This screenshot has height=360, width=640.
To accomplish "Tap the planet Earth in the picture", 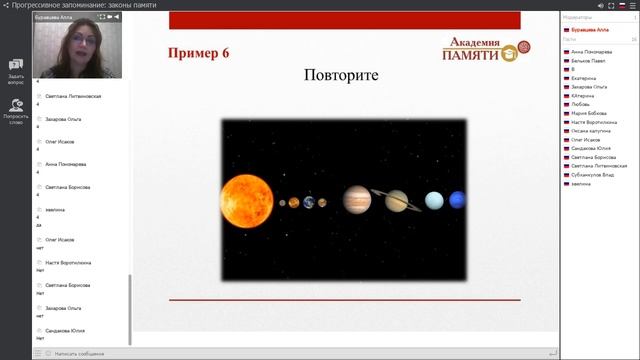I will point(309,202).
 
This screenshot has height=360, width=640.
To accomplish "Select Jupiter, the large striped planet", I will point(357,200).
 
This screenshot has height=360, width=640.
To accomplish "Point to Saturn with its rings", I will point(397,201).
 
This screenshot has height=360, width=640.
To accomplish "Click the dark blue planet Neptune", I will point(457,201).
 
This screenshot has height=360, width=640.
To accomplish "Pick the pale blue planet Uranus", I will point(434,201).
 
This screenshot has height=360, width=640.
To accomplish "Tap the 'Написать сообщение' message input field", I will point(80,353).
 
